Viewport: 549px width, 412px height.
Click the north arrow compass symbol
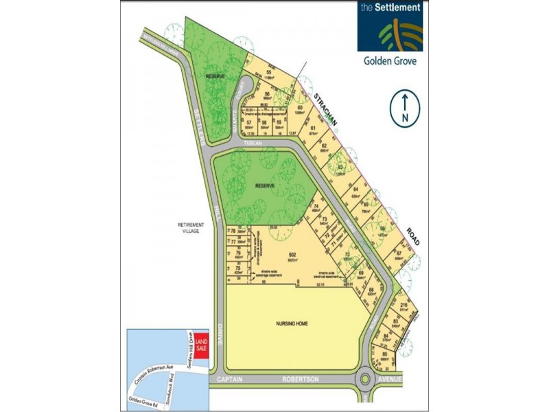405,108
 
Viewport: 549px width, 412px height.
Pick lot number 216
403,306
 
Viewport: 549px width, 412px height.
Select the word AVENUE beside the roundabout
393,378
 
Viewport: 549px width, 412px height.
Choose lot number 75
238,268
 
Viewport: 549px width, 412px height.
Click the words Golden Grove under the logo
389,60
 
